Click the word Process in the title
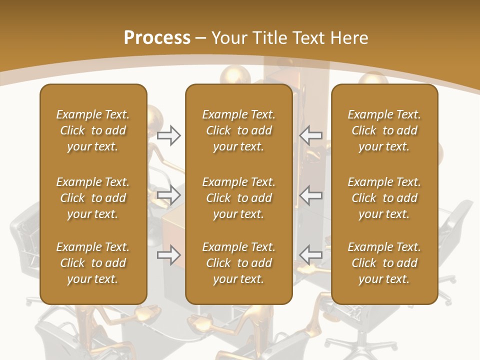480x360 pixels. tap(157, 38)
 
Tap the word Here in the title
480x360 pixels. tap(348, 38)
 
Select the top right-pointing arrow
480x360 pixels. tap(168, 135)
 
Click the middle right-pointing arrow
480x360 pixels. tap(168, 195)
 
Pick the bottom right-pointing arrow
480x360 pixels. tap(168, 255)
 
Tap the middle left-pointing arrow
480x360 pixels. tap(311, 195)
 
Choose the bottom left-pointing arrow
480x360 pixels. tap(311, 255)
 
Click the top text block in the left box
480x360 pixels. tap(93, 130)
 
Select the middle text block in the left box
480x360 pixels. tap(93, 198)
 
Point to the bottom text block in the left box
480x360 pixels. tap(93, 263)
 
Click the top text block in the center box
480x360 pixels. tap(238, 130)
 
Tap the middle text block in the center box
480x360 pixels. tap(238, 198)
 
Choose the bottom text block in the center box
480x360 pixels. tap(238, 263)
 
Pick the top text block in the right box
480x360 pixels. tap(384, 130)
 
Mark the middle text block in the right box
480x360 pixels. tap(384, 198)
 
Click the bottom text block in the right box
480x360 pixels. tap(384, 263)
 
